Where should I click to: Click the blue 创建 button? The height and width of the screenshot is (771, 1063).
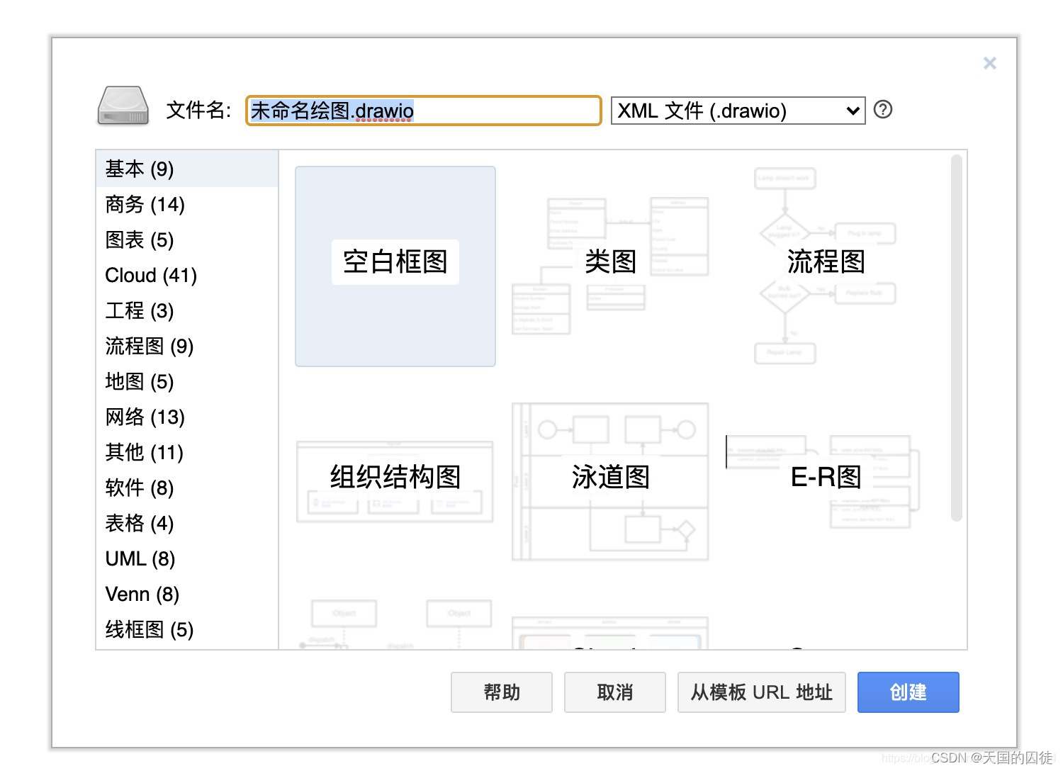pos(908,692)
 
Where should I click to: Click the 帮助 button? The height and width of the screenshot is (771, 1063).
pos(501,692)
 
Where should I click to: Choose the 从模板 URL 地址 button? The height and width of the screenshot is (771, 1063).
pos(761,692)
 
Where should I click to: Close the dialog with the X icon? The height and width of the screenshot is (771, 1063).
pos(990,63)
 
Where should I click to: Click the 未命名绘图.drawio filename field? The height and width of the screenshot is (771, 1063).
pos(423,111)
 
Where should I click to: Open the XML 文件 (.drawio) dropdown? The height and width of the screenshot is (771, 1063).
pos(738,111)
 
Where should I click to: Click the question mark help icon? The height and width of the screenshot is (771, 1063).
pos(883,110)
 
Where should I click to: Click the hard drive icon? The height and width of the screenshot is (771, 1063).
pos(123,106)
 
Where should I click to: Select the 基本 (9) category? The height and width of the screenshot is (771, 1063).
pos(140,169)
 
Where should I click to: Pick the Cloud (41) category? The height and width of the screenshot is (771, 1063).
pos(151,275)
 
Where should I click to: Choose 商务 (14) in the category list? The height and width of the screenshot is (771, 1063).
pos(145,204)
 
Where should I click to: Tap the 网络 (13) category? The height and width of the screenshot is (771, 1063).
pos(145,417)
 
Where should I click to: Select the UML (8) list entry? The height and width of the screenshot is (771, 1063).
pos(140,558)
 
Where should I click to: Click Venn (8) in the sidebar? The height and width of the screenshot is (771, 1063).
pos(142,594)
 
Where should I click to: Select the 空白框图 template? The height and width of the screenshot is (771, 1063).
pos(395,262)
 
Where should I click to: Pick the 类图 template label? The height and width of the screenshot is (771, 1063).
pos(610,262)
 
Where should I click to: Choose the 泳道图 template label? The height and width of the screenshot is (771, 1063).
pos(610,477)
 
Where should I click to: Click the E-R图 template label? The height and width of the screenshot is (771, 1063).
pos(826,477)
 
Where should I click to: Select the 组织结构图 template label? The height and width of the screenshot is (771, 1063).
pos(395,477)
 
